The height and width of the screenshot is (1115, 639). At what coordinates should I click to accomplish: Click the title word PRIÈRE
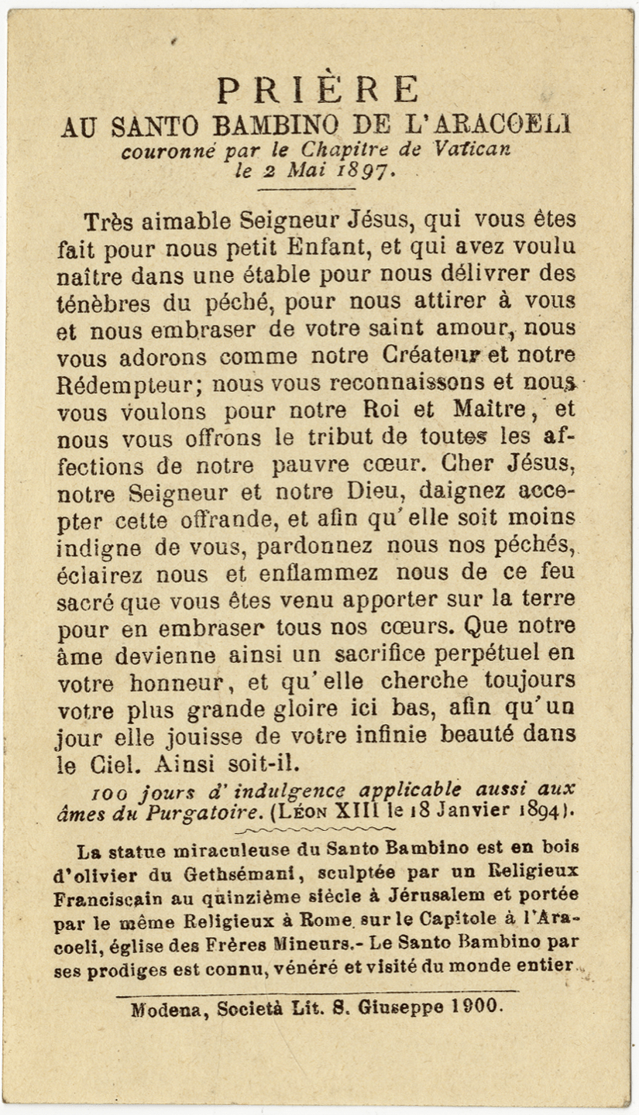tap(318, 90)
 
